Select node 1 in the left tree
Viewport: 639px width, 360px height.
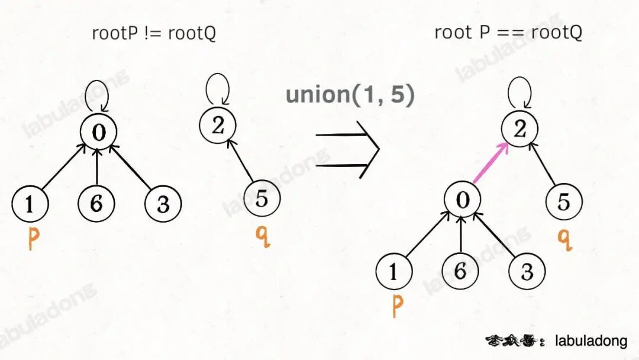click(x=30, y=203)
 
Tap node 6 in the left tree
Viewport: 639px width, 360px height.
click(x=96, y=203)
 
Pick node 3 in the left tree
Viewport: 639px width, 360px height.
click(x=163, y=203)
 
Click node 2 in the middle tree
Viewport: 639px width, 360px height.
click(x=217, y=124)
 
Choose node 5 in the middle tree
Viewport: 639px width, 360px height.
click(x=262, y=199)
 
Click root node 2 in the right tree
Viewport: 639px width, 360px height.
click(x=520, y=129)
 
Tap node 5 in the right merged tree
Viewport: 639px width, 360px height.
click(x=564, y=201)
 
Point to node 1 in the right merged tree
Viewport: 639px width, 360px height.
click(x=394, y=271)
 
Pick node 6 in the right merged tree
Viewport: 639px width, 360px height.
click(x=460, y=271)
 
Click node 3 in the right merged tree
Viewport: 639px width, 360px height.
click(x=527, y=271)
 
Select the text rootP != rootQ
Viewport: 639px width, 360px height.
click(x=154, y=33)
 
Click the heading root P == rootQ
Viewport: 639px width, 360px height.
click(x=508, y=32)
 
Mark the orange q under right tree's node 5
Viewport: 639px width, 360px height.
click(x=565, y=238)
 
